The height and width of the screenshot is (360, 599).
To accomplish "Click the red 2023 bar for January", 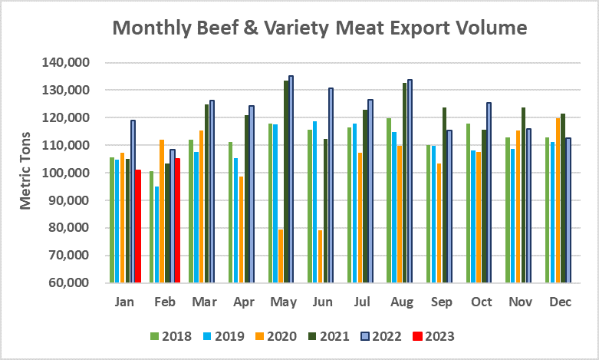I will pos(139,226).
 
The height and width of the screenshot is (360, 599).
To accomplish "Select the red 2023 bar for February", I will pos(178,220).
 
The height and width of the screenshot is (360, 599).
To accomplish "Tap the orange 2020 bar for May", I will pos(281,256).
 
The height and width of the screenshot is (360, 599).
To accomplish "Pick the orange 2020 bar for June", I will pos(320,256).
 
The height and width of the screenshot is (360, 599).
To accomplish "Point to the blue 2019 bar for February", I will pos(157,234).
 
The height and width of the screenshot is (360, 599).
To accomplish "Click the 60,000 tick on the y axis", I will pos(74,283).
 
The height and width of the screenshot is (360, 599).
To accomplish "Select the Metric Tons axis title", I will pos(25,173).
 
